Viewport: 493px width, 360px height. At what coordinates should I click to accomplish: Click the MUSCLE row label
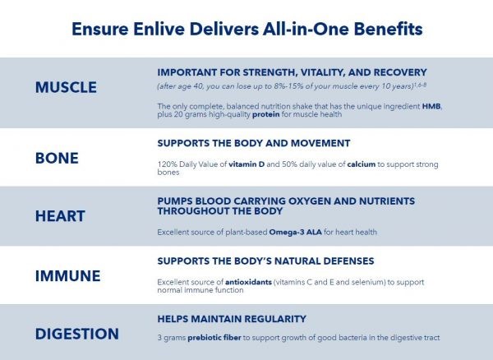66,87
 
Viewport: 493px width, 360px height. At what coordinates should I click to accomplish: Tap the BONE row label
57,158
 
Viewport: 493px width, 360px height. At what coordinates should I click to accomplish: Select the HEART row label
60,216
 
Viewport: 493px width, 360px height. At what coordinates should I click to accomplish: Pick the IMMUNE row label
68,275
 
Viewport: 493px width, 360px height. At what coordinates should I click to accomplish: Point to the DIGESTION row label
77,334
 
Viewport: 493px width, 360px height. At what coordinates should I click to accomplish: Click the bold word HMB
431,106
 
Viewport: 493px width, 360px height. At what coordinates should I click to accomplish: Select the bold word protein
266,114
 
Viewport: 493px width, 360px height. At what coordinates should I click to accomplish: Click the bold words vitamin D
246,164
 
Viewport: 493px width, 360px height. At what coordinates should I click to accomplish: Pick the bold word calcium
362,164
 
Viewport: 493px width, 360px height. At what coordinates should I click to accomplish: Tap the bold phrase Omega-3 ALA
296,232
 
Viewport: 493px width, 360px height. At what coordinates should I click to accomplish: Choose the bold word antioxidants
248,282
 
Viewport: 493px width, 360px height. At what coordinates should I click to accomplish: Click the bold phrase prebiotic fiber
214,338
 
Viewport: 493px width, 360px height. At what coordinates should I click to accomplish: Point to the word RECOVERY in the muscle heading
400,72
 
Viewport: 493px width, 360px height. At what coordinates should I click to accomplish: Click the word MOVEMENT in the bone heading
320,143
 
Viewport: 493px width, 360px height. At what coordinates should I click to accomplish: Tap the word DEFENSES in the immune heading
348,261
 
